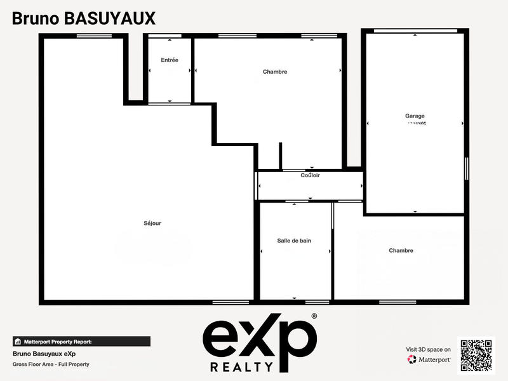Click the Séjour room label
tap(152, 223)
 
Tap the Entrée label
tap(170, 60)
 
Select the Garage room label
tap(415, 116)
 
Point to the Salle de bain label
tap(294, 241)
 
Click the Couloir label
tap(310, 175)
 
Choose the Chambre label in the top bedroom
tap(275, 72)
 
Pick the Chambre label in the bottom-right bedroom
tap(401, 251)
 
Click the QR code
tap(476, 354)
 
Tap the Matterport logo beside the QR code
tap(429, 359)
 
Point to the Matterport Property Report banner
tap(81, 341)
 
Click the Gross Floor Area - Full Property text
tap(51, 364)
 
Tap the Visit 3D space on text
tap(429, 349)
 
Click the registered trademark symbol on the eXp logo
tap(314, 316)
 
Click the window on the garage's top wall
tap(415, 30)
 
